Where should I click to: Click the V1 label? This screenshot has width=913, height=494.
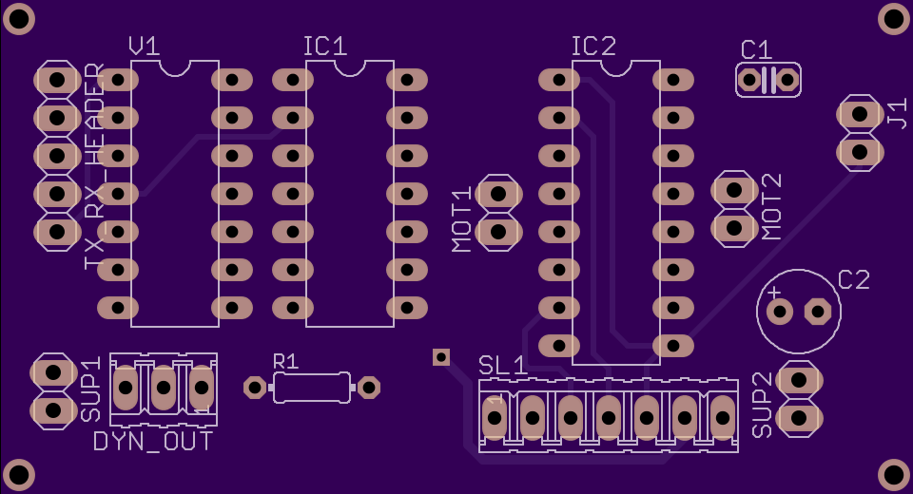145,46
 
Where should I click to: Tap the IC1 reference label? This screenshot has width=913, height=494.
325,46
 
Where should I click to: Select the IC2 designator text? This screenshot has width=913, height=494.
593,46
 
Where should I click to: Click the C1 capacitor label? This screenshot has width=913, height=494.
757,49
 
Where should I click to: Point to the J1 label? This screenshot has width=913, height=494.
898,113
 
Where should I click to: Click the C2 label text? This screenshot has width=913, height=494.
854,280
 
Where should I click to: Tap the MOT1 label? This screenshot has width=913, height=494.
462,219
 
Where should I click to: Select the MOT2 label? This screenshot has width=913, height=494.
771,206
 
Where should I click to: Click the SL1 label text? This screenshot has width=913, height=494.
503,366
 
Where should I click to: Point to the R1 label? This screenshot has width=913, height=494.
286,361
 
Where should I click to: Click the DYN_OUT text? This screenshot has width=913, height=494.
153,442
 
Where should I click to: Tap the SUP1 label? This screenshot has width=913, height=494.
91,389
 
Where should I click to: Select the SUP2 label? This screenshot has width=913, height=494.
763,405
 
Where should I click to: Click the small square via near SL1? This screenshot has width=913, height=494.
441,356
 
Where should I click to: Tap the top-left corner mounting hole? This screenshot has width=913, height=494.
18,18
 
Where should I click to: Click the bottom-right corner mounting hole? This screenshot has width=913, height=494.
894,474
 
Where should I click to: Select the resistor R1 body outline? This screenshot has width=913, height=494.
312,388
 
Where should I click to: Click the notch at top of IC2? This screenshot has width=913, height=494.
616,67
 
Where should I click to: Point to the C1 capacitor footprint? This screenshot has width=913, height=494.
768,80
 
